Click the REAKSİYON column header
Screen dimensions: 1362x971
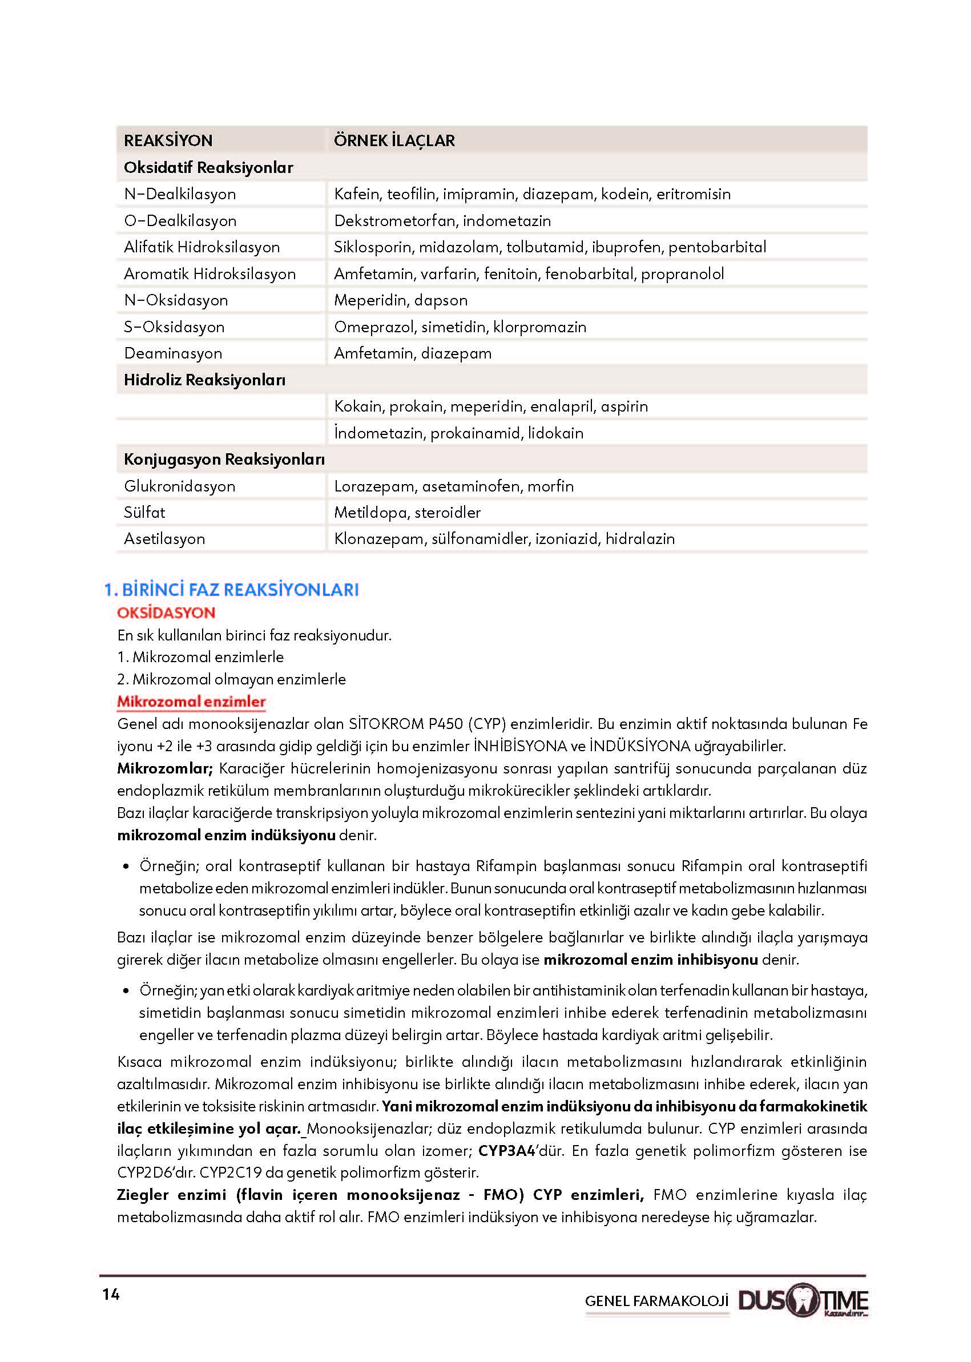[168, 140]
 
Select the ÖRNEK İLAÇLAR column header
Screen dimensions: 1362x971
[394, 140]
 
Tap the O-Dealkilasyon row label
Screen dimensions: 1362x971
[180, 220]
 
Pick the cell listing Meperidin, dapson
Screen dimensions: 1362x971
[401, 300]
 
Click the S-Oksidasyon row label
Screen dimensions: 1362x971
[174, 327]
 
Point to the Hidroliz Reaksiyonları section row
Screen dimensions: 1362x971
[204, 380]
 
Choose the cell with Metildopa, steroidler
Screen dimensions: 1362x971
[407, 513]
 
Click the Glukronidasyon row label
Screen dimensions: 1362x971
[179, 486]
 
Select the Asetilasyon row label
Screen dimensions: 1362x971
[164, 539]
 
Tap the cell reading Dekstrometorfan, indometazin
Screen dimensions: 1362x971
[442, 220]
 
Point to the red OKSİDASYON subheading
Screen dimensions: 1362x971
[166, 613]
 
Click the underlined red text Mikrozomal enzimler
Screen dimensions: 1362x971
[191, 702]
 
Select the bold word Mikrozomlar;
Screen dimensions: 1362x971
[164, 768]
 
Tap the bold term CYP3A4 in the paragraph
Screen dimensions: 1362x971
[506, 1151]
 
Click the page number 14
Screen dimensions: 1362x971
[111, 1295]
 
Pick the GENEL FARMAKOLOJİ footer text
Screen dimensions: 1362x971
[656, 1301]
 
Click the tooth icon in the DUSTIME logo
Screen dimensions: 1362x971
[803, 1299]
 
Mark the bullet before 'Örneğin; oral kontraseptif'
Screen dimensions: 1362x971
[126, 867]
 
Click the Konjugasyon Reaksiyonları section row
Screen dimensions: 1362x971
[224, 459]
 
